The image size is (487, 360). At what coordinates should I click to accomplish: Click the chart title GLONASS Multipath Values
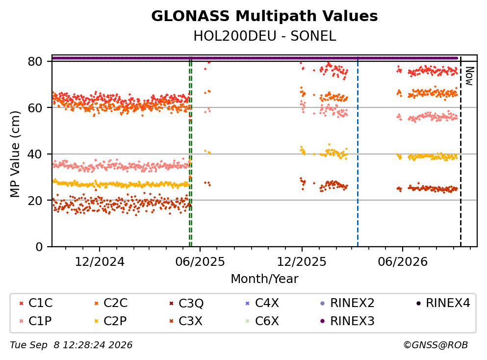tap(264, 16)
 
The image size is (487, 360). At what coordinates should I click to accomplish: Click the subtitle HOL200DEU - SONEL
tap(265, 36)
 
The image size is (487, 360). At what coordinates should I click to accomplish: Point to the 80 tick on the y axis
tap(35, 61)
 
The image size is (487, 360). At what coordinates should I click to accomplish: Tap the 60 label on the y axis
tap(35, 108)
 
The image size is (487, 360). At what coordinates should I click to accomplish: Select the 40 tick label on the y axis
tap(35, 154)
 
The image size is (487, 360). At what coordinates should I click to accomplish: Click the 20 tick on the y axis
tap(35, 200)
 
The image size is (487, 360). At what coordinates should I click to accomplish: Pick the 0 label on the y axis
tap(39, 247)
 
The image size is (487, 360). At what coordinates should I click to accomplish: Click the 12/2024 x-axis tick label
tap(100, 262)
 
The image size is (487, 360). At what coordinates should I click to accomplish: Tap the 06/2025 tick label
tap(200, 262)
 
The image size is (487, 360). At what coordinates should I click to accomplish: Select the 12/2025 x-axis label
tap(302, 262)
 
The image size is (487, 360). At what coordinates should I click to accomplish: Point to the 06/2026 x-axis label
tap(403, 262)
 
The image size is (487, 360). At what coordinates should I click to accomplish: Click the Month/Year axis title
tap(264, 279)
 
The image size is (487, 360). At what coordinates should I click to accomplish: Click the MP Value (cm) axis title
tap(15, 154)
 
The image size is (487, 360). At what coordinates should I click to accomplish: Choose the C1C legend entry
tap(36, 303)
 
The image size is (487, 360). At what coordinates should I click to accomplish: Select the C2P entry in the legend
tap(111, 321)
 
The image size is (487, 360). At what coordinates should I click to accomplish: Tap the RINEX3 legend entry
tap(347, 321)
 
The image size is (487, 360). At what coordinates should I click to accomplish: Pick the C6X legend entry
tap(262, 321)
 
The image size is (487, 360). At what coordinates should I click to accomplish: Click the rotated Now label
tap(469, 76)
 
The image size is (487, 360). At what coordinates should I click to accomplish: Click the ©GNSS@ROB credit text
tap(436, 345)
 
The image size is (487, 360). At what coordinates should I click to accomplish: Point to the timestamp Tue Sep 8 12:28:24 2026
tap(71, 345)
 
